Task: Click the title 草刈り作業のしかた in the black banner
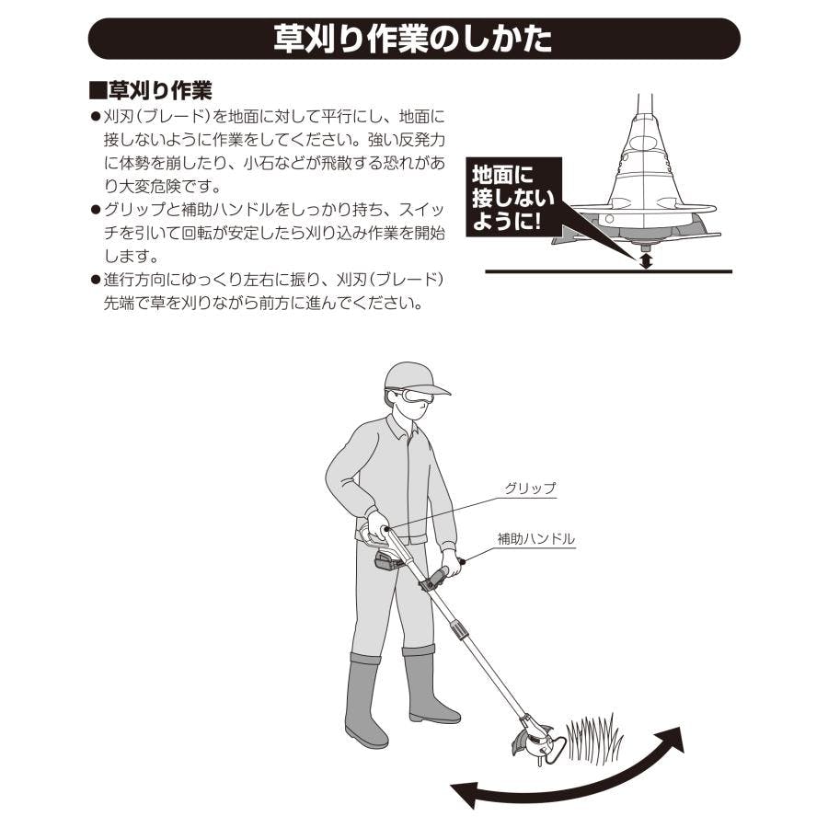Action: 412,39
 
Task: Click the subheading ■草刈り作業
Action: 151,90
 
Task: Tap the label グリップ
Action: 530,489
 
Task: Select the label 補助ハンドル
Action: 535,538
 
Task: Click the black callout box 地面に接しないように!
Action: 513,197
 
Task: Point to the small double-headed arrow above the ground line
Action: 646,261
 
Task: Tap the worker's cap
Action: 415,378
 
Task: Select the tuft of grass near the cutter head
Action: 594,738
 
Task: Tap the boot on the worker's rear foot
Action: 364,701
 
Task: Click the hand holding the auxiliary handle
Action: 450,563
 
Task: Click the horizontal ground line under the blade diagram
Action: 608,271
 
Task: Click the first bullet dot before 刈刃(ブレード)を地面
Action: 96,116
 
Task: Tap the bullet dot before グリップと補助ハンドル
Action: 96,210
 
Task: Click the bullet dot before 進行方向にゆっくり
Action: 96,280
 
